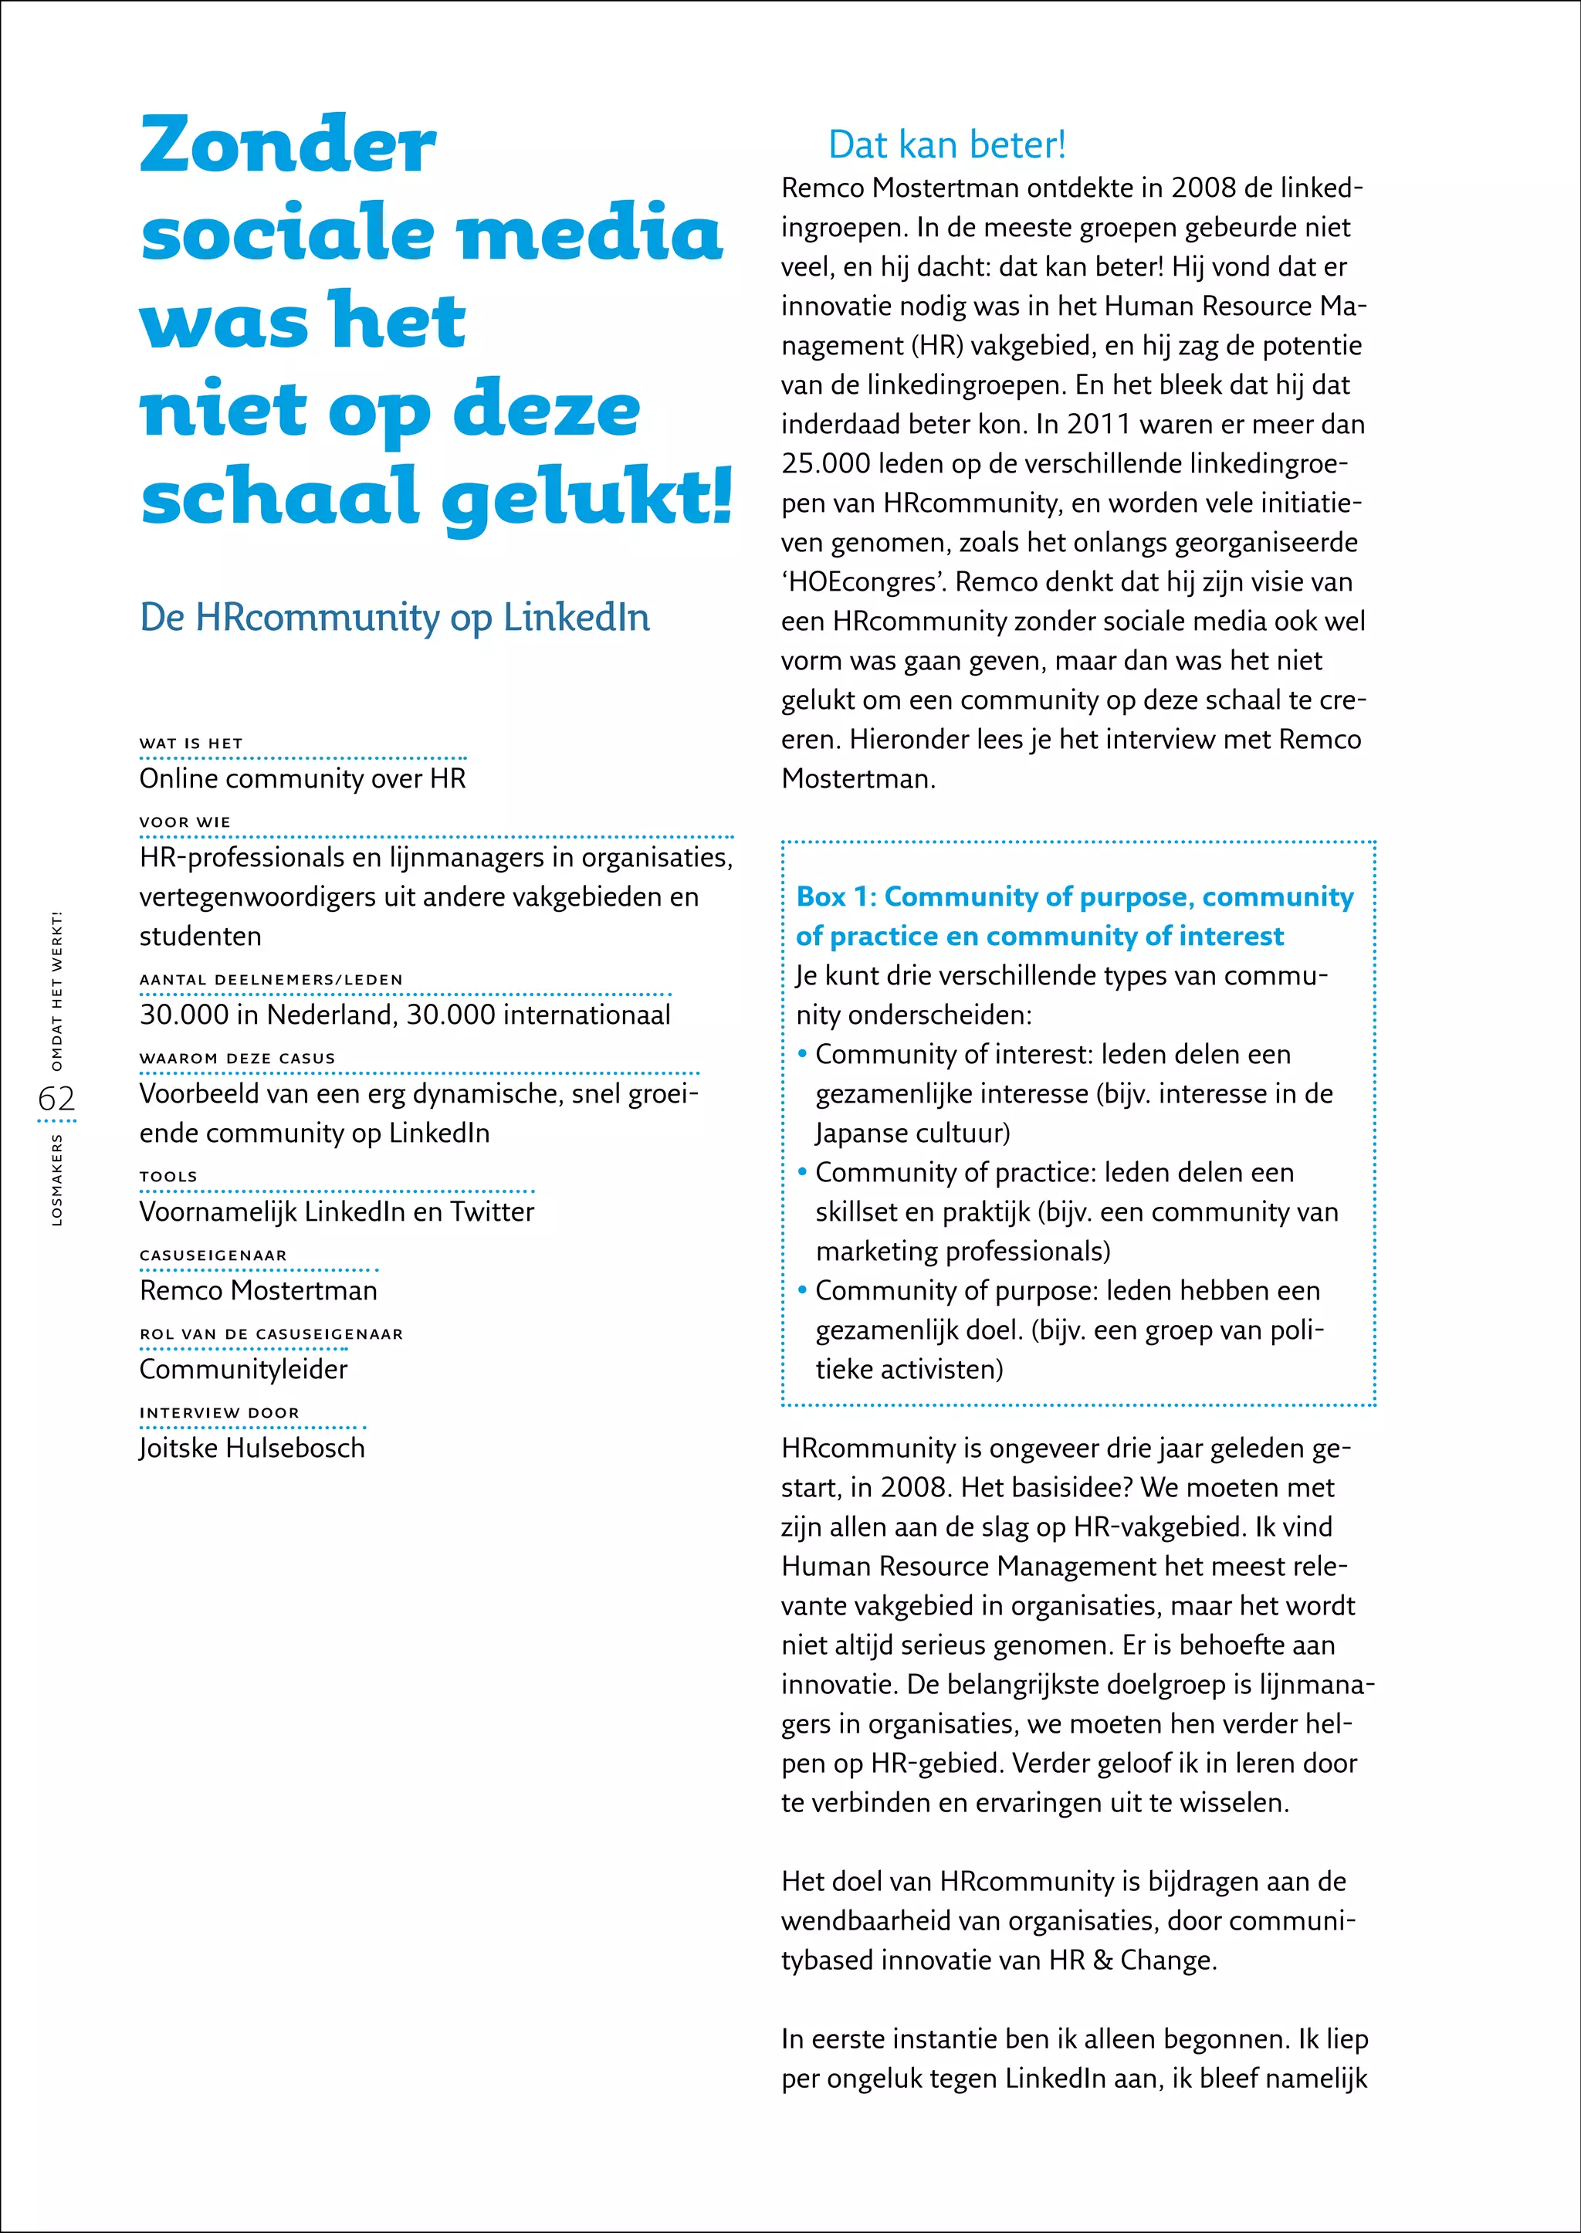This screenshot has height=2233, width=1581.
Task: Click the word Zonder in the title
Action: [x=288, y=146]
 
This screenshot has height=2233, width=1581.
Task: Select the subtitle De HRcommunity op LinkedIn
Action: [x=394, y=618]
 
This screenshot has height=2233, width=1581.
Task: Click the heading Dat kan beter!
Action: [x=946, y=145]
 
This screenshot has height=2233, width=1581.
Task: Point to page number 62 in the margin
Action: [x=56, y=1099]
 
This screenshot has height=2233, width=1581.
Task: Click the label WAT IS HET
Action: [x=191, y=743]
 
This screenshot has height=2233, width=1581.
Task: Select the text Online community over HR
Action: [x=303, y=779]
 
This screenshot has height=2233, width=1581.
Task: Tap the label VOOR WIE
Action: [x=185, y=822]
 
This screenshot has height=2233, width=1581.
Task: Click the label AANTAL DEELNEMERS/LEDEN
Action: [x=271, y=980]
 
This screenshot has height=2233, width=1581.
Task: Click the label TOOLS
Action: [x=168, y=1177]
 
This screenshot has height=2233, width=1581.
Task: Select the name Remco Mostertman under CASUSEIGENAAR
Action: [x=258, y=1291]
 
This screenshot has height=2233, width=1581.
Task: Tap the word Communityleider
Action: [x=243, y=1371]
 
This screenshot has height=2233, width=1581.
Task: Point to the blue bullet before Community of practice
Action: [x=802, y=1173]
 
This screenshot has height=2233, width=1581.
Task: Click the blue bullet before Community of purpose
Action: [x=802, y=1290]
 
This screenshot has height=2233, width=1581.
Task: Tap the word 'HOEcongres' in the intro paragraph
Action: [x=864, y=582]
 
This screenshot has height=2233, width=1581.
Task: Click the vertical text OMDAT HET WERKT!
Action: [x=56, y=991]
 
